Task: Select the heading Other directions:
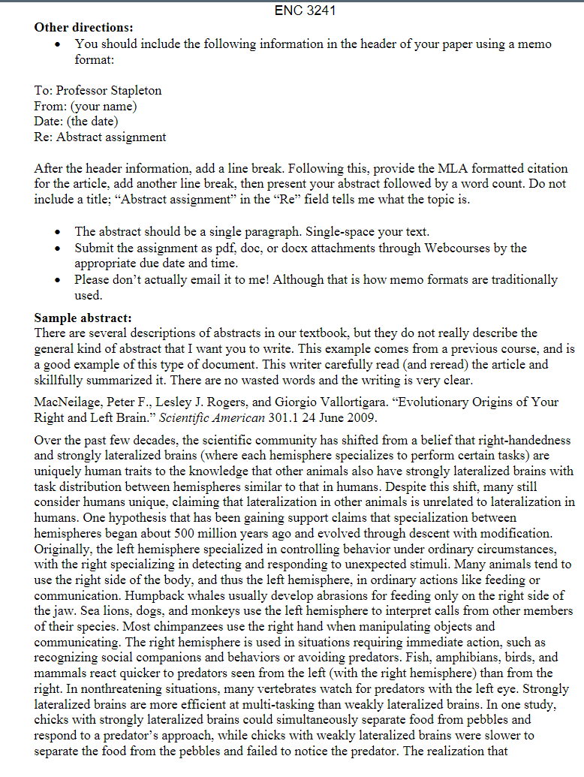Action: click(83, 28)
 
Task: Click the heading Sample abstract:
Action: click(83, 318)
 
